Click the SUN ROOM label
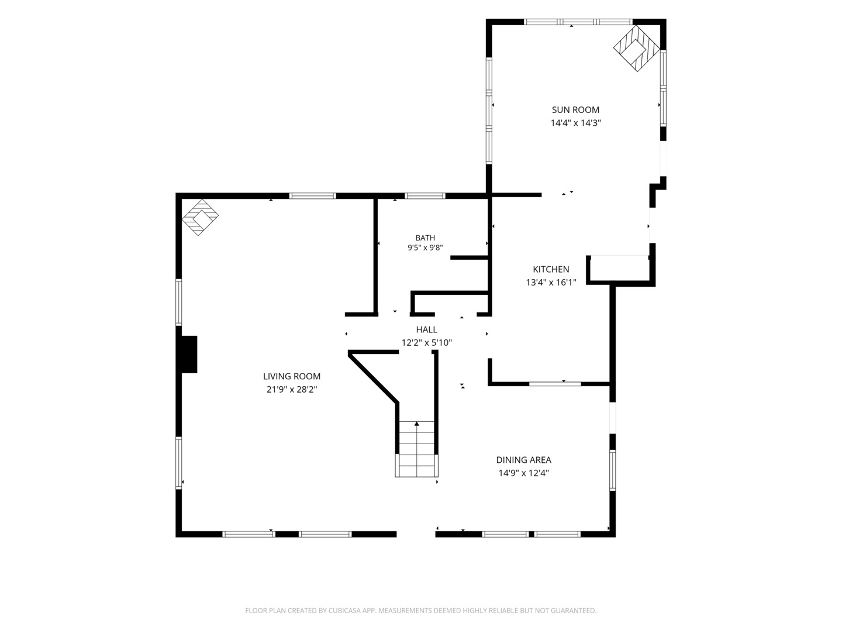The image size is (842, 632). click(x=575, y=110)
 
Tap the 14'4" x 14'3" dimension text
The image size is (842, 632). click(x=575, y=123)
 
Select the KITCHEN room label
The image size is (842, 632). click(x=551, y=269)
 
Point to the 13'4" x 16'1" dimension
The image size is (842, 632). click(x=551, y=283)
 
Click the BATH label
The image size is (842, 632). click(x=425, y=238)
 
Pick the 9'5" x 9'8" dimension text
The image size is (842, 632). click(x=425, y=248)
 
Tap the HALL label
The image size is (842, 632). click(x=427, y=329)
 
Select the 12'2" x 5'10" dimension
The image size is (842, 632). click(x=427, y=343)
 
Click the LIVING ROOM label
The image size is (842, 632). click(x=292, y=376)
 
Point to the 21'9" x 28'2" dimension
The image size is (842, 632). click(x=292, y=390)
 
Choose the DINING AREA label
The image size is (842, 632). click(x=523, y=460)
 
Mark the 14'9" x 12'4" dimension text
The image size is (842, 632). click(x=523, y=473)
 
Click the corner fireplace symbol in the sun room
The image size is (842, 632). click(x=636, y=49)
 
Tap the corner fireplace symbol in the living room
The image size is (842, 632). click(x=200, y=217)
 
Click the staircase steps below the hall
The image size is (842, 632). click(x=416, y=449)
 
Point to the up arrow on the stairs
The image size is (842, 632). click(x=416, y=424)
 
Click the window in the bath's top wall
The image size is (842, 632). click(x=425, y=195)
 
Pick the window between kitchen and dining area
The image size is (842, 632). click(x=555, y=384)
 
